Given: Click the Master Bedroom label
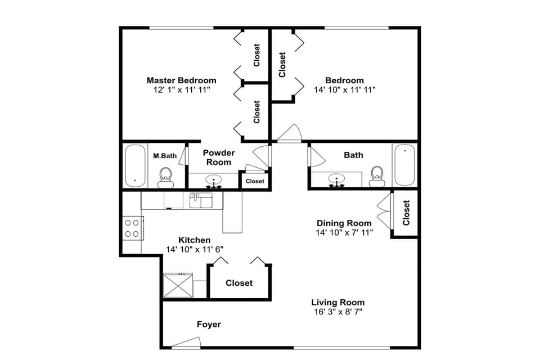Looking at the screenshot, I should (181, 80).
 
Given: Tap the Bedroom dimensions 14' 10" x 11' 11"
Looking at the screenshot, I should (344, 89).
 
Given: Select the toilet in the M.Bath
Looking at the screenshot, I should (165, 177).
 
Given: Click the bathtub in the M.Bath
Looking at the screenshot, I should (135, 165).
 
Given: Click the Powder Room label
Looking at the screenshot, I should (219, 157).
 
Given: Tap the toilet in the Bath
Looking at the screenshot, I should (376, 176).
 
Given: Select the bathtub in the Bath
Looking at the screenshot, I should (404, 165).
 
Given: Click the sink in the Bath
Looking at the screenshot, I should (337, 181).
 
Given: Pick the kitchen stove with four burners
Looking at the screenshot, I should (132, 228).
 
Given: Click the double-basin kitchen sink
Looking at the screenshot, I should (200, 200).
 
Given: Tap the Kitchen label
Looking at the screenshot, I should (195, 240).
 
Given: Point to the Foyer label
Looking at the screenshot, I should (209, 325).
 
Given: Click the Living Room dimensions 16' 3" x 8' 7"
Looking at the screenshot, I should (338, 312).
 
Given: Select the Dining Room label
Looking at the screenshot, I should (344, 223).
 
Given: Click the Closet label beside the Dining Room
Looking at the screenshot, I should (406, 213).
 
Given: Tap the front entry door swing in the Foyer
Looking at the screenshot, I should (187, 342).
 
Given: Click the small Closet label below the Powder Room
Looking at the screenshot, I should (255, 181).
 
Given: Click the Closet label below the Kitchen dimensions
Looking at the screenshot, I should (239, 283).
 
